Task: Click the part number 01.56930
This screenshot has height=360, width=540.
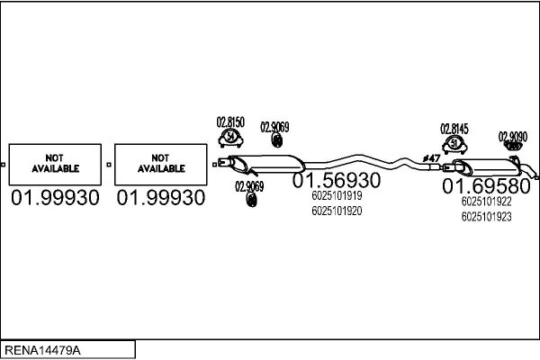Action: click(x=337, y=180)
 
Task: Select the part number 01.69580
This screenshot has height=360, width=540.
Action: click(x=486, y=186)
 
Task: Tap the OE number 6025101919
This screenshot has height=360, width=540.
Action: click(x=337, y=195)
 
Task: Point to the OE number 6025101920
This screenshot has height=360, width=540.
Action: click(x=337, y=211)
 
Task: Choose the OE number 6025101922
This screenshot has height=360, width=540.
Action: click(x=486, y=202)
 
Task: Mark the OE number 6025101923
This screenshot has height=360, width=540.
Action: click(x=486, y=217)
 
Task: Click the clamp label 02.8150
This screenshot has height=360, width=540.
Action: click(x=230, y=122)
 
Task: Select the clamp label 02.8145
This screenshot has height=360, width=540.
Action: click(x=454, y=129)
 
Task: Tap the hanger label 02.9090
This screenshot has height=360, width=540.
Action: click(x=513, y=137)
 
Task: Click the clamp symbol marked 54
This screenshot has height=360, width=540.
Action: click(x=230, y=138)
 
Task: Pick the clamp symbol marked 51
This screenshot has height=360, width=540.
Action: click(x=454, y=144)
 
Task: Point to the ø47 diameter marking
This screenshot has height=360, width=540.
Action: click(x=431, y=158)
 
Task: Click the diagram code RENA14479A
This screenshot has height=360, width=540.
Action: click(x=42, y=350)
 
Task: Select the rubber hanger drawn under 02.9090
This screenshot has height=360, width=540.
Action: click(x=513, y=146)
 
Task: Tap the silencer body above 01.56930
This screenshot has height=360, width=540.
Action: click(x=267, y=164)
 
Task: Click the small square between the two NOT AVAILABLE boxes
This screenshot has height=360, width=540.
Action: click(x=109, y=165)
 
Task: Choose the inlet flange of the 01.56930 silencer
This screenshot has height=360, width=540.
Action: click(x=223, y=161)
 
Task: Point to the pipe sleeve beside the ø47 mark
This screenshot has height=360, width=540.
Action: click(x=435, y=167)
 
